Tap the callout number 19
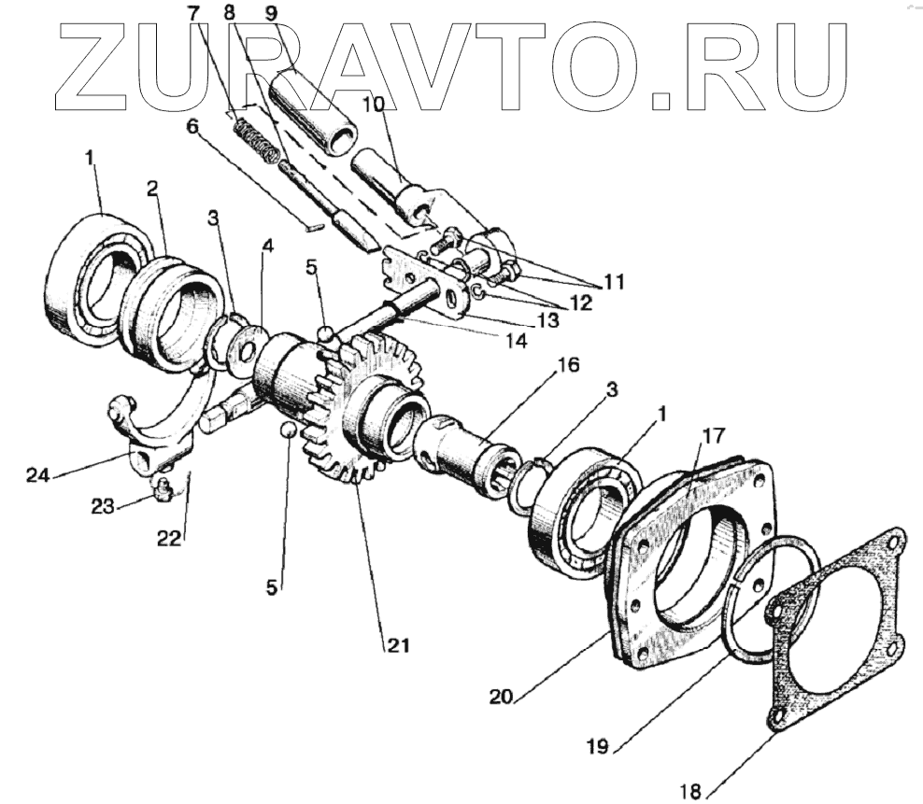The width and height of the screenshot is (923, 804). (598, 745)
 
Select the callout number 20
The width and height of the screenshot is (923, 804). (500, 696)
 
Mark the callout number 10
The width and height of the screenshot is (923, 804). (372, 106)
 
